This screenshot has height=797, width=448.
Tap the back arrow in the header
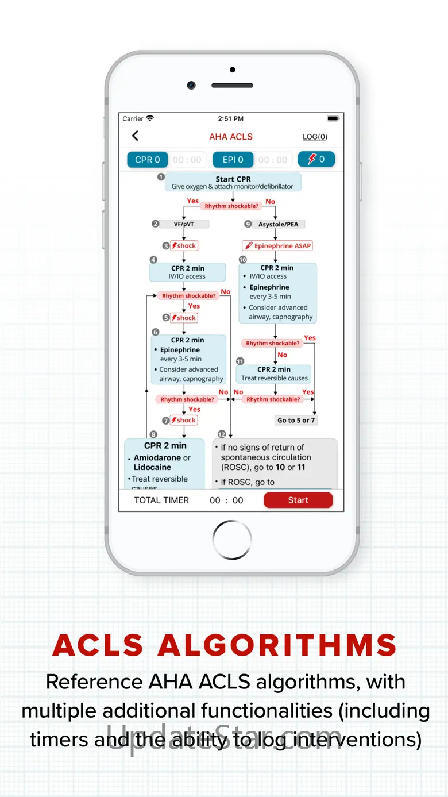[x=135, y=136]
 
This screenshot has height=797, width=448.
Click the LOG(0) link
[x=315, y=137]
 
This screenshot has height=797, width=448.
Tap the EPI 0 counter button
[x=233, y=160]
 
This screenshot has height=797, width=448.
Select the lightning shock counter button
[x=316, y=159]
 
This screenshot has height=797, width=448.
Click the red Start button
[x=298, y=500]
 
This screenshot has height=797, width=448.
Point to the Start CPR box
[x=233, y=182]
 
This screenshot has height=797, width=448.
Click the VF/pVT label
[x=184, y=224]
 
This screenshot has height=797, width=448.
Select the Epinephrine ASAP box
[x=277, y=246]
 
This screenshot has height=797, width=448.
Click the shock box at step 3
[x=184, y=246]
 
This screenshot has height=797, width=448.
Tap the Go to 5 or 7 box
[x=296, y=420]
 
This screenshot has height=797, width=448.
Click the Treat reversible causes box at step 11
[x=274, y=374]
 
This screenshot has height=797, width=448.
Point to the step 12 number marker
[x=223, y=434]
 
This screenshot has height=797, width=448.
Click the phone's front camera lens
[x=191, y=84]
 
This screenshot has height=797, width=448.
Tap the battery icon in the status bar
[x=333, y=118]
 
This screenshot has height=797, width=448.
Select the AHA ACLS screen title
[x=231, y=137]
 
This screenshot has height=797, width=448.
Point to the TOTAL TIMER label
[x=161, y=500]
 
